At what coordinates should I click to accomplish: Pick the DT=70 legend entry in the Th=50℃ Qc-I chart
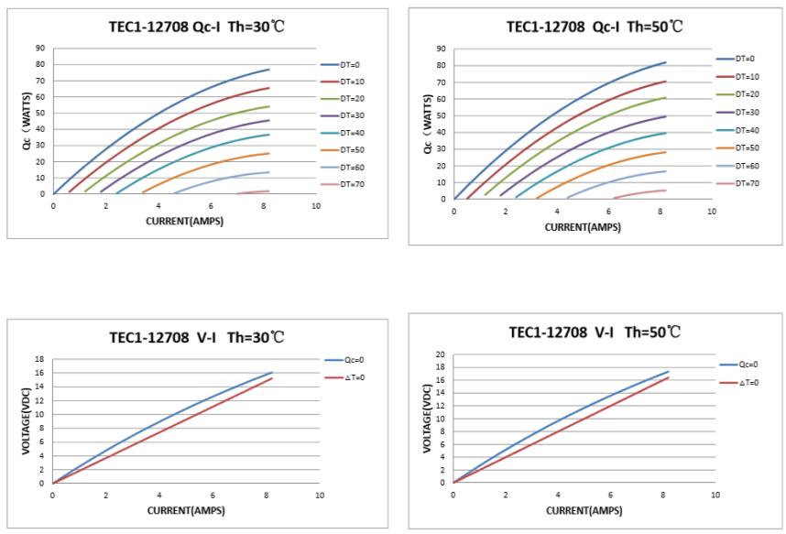click(748, 183)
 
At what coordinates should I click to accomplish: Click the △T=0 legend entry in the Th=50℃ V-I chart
click(748, 382)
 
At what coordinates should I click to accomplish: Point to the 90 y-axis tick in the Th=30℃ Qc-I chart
click(40, 48)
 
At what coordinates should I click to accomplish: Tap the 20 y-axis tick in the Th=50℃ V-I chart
click(441, 354)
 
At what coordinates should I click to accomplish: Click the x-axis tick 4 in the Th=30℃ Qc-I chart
click(158, 206)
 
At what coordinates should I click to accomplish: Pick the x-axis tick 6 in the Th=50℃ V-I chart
click(609, 495)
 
